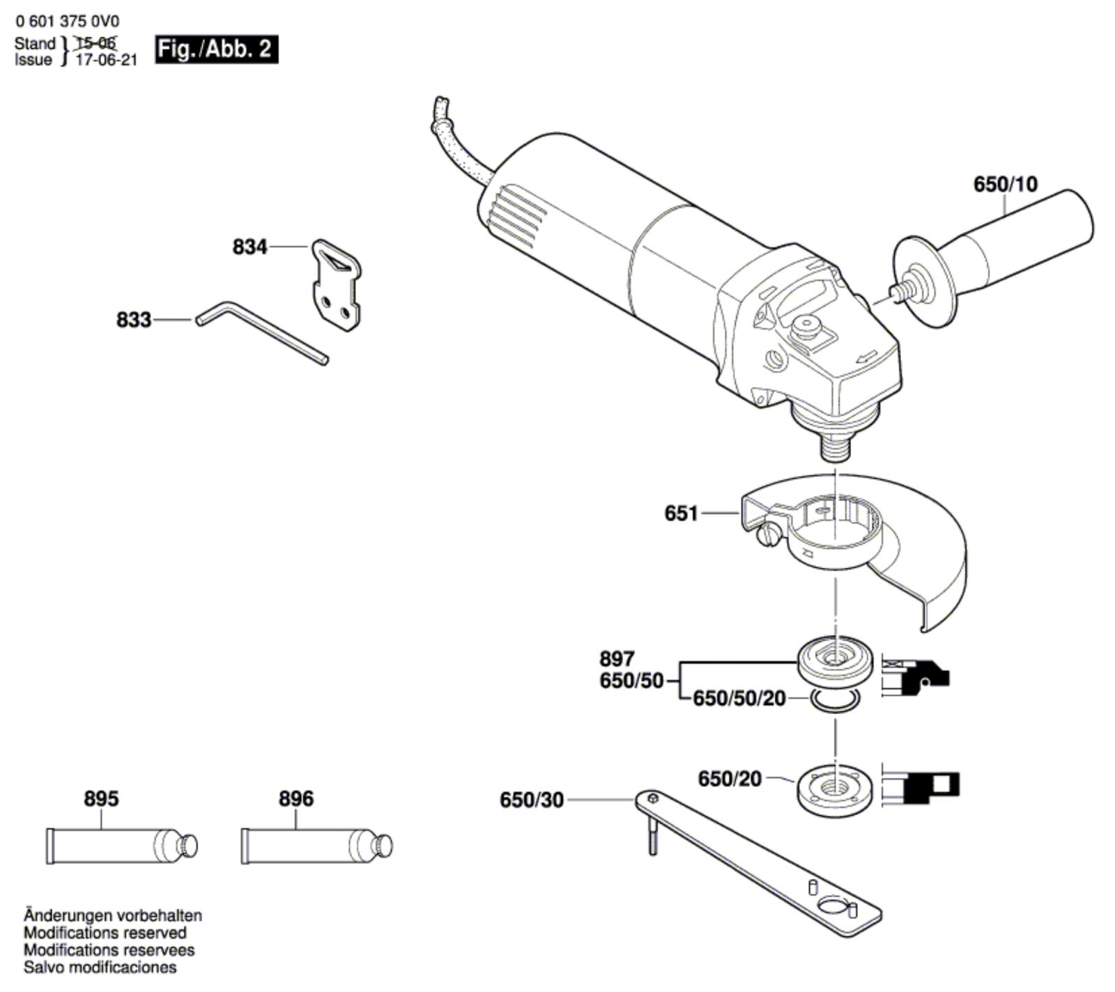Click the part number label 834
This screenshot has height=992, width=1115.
click(249, 247)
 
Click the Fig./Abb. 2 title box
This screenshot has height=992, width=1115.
click(216, 50)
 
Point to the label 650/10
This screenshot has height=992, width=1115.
click(1005, 184)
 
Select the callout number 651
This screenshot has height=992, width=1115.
click(681, 513)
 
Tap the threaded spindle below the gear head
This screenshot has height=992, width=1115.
click(834, 442)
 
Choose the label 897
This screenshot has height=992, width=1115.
click(617, 658)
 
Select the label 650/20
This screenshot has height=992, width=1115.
click(730, 778)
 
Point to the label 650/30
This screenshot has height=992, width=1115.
click(531, 800)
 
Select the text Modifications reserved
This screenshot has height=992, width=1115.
click(105, 933)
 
